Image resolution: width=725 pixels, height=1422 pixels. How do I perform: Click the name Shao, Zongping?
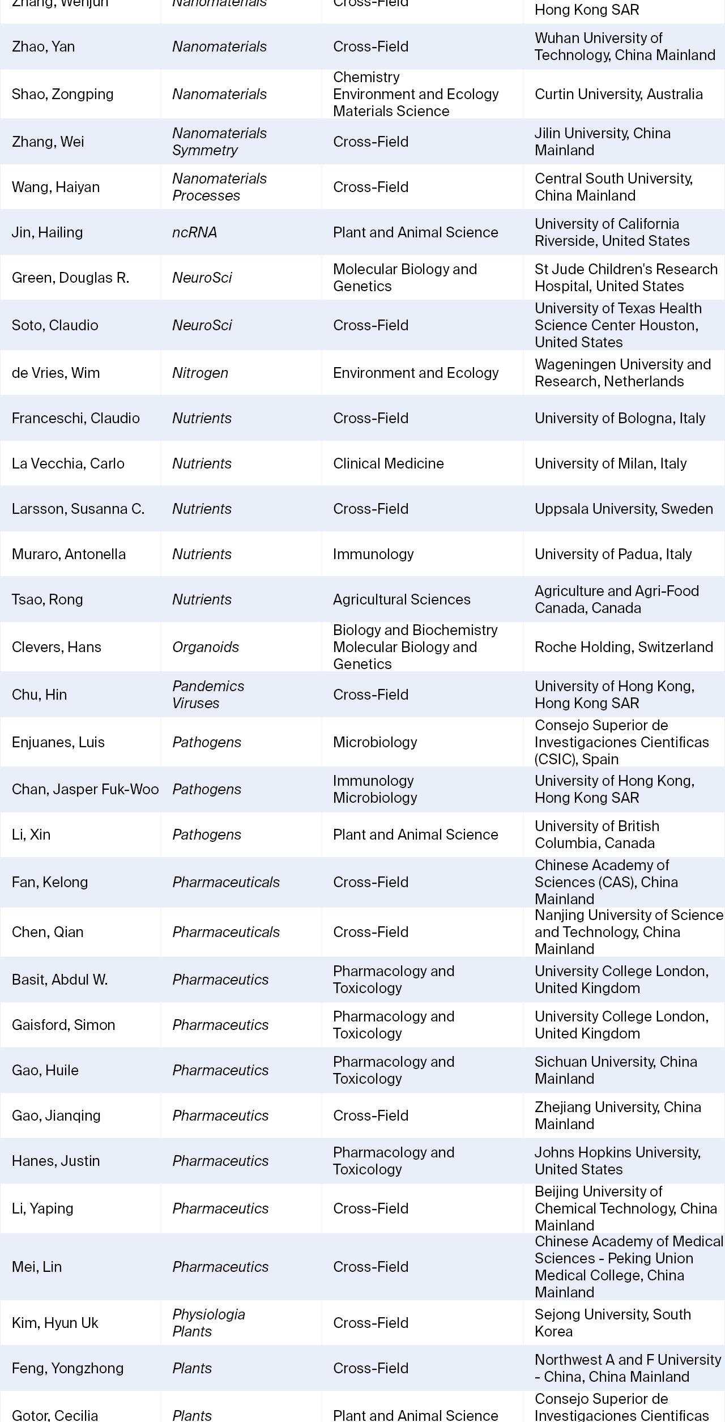coord(62,94)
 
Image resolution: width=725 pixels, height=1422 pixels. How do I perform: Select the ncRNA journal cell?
coord(194,232)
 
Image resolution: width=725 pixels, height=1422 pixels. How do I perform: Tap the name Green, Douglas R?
coord(70,278)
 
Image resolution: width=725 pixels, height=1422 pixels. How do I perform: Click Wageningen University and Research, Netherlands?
coord(622,373)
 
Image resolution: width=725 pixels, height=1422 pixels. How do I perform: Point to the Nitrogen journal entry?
coord(200,373)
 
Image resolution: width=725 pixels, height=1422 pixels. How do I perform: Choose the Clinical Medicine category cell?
coord(388,463)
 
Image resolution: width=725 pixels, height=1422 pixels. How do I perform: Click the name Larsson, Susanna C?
coord(78,509)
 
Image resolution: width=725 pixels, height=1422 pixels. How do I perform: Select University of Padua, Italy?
coord(613,554)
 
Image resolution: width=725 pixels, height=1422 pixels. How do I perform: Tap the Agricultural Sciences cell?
coord(401,599)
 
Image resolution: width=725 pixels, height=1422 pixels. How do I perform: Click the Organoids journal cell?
coord(206,647)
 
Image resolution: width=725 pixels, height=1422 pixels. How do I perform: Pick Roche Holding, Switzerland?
coord(623,647)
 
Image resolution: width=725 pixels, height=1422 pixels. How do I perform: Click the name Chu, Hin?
coord(39,695)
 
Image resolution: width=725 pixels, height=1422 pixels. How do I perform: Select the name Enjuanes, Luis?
coord(58,742)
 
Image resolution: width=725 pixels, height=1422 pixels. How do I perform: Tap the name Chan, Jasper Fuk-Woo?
coord(85,789)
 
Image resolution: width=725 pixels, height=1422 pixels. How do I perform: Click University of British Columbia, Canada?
coord(596,835)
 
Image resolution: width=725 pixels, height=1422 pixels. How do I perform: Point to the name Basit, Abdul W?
coord(59,980)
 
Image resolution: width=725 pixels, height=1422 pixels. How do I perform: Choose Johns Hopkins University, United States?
coord(617,1161)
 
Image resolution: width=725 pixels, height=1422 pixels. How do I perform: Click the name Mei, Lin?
coord(36,1267)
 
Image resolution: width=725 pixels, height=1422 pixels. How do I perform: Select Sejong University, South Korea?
coord(612,1323)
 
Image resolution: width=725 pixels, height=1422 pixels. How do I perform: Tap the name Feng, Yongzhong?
coord(67,1368)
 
